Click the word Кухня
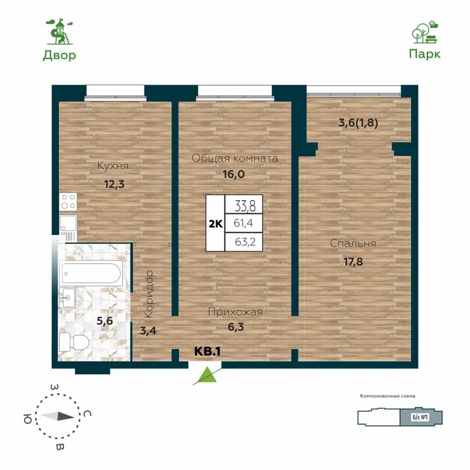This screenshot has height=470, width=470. coord(113,166)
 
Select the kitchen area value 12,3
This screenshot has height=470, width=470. coord(115,184)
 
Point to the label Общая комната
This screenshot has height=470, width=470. coord(235,159)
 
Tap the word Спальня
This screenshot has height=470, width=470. coord(352,244)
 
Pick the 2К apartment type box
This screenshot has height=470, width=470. coord(215,223)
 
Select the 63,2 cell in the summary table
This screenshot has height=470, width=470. coord(244,241)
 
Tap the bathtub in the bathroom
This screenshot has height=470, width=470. coord(92,273)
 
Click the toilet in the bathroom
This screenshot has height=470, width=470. coord(74,343)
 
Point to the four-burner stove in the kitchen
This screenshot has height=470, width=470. coord(68,202)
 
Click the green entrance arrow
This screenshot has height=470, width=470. coord(206,375)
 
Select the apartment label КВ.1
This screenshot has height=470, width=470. coord(207,351)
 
